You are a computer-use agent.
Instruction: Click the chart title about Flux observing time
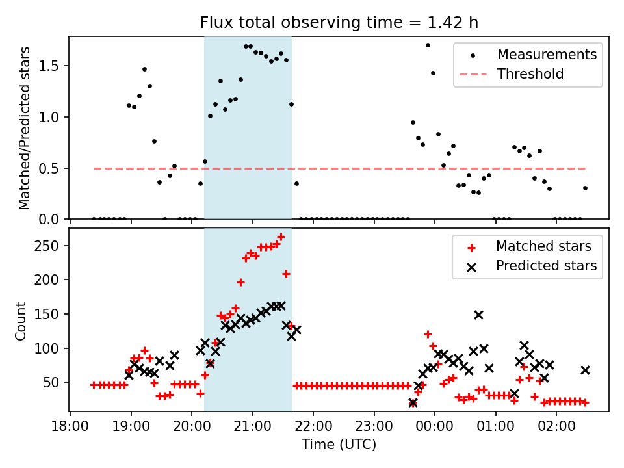(x=339, y=23)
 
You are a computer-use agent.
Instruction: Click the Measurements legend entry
(x=547, y=55)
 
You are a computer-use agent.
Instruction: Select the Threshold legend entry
(x=530, y=74)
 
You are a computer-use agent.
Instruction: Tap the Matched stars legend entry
(x=543, y=246)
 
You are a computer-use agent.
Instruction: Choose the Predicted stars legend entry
(x=546, y=265)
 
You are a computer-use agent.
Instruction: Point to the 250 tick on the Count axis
(x=52, y=246)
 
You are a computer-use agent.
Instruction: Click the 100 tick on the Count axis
(x=52, y=348)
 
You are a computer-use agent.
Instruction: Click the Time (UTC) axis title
(x=339, y=445)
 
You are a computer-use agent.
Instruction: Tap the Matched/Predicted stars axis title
(x=25, y=128)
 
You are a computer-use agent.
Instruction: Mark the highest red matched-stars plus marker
(x=281, y=237)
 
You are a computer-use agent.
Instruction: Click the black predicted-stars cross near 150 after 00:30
(x=478, y=315)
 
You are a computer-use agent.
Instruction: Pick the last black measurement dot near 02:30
(x=585, y=188)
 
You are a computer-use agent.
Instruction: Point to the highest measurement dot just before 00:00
(x=428, y=45)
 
